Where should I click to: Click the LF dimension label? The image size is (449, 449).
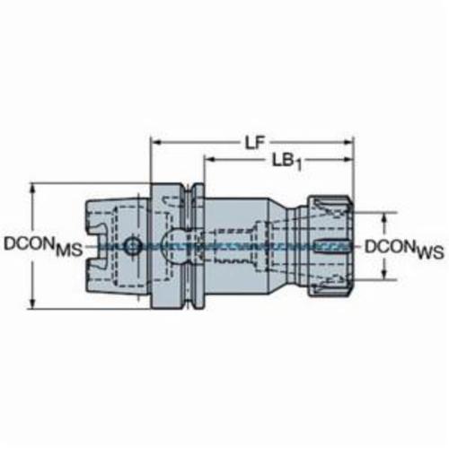pyautogui.click(x=255, y=144)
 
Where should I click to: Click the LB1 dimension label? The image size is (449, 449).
pyautogui.click(x=287, y=163)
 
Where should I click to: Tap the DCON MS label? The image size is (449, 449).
pyautogui.click(x=43, y=246)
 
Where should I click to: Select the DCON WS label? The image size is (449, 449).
pyautogui.click(x=404, y=250)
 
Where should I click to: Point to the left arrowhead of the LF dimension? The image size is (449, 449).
pyautogui.click(x=156, y=142)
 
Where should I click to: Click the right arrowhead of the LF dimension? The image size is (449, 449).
pyautogui.click(x=348, y=142)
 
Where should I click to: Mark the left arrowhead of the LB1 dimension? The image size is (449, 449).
pyautogui.click(x=210, y=159)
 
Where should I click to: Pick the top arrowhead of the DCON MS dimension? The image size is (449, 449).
pyautogui.click(x=33, y=189)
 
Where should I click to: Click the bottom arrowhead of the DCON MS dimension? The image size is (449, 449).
pyautogui.click(x=33, y=303)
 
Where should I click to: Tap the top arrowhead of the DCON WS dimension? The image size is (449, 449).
pyautogui.click(x=385, y=219)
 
